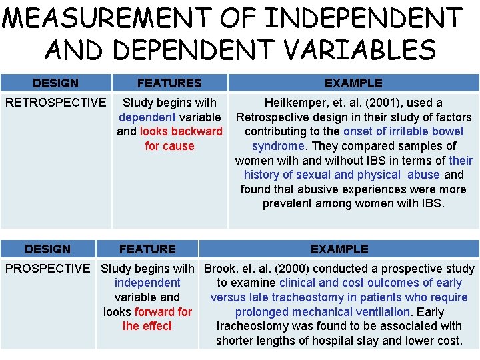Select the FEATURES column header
pos(169,83)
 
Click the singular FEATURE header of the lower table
pos(147,249)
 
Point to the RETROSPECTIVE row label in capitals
pos(55,103)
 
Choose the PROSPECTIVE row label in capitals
pos(47,269)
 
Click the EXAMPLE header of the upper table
pos(353,83)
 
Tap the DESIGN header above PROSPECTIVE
pos(47,249)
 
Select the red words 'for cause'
pos(169,146)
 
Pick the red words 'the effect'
pos(147,326)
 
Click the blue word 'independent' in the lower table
pos(147,283)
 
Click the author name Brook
pos(221,269)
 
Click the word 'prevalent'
pos(290,203)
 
